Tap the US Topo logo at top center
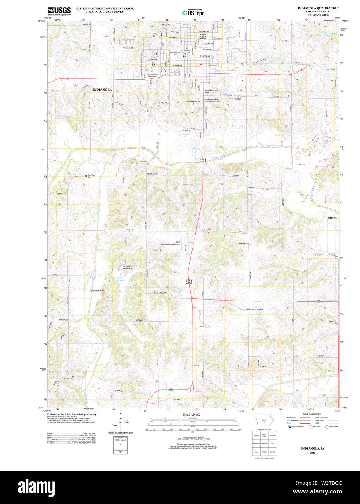click(194, 12)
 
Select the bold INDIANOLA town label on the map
click(102, 89)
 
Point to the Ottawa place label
click(332, 218)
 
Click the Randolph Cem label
click(91, 176)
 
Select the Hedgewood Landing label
click(255, 309)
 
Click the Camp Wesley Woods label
click(97, 290)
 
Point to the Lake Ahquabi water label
click(121, 279)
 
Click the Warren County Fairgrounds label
click(153, 75)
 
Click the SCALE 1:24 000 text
click(192, 414)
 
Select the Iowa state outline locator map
click(264, 421)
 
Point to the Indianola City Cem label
click(193, 102)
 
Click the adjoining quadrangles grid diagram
click(264, 443)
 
